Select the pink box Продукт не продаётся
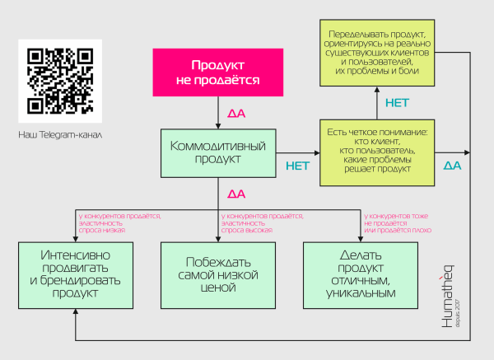coord(217,72)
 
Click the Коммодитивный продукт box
coord(217,152)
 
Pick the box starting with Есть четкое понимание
coord(378,152)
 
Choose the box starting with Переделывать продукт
coord(379,52)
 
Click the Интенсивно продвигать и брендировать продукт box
coord(75,274)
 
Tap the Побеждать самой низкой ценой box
coord(217,274)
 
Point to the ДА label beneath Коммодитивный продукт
coord(236,194)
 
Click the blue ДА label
coord(452,166)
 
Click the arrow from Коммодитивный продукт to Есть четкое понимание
coord(301,152)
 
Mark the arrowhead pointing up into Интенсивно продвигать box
coord(75,312)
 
